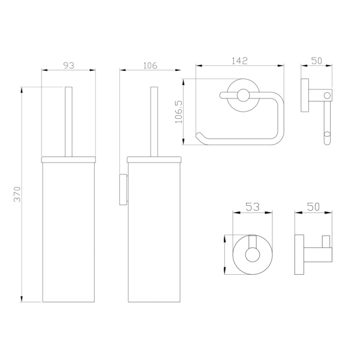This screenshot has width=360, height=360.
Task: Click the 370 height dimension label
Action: pyautogui.click(x=17, y=194)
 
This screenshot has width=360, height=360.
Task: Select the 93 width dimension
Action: pyautogui.click(x=69, y=65)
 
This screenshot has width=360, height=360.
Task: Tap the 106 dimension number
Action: pyautogui.click(x=151, y=65)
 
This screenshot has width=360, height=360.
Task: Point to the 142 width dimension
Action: pyautogui.click(x=239, y=61)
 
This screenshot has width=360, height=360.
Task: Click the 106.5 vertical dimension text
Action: pyautogui.click(x=179, y=112)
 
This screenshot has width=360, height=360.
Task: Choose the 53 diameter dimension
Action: pyautogui.click(x=253, y=206)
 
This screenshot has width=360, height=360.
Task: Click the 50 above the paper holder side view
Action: pyautogui.click(x=317, y=61)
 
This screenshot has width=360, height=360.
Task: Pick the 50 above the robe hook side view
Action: pyautogui.click(x=313, y=206)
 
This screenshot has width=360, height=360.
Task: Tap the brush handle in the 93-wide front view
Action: pyautogui.click(x=68, y=122)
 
